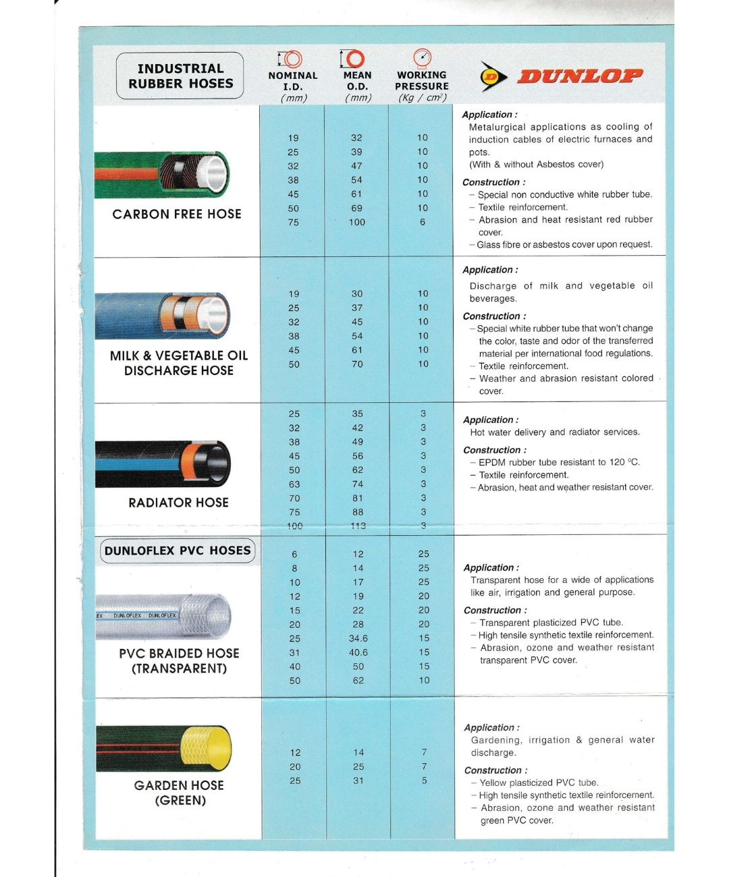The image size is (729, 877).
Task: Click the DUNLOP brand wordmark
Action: tap(579, 76)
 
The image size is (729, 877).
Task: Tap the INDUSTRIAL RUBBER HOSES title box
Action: tap(180, 76)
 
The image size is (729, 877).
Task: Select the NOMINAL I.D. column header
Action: tap(292, 81)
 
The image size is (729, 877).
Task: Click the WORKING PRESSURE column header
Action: tap(422, 81)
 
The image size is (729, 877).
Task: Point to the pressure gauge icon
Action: tap(422, 57)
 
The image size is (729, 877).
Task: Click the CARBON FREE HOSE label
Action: tap(177, 214)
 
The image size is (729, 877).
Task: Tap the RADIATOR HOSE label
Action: tap(178, 503)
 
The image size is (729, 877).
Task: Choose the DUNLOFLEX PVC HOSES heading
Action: tap(178, 550)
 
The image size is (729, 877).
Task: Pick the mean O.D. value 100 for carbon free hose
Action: tap(357, 222)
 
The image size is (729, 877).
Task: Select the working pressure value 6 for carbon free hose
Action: tap(423, 222)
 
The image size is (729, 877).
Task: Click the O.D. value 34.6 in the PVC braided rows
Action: tap(358, 638)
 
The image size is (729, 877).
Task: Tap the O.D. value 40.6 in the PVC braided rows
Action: tap(358, 652)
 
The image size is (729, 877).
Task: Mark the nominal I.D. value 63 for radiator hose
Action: tap(294, 484)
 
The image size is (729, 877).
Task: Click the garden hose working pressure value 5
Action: tap(425, 781)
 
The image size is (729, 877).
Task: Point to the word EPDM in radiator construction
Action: tap(492, 462)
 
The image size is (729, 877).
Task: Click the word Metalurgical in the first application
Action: tap(497, 127)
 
